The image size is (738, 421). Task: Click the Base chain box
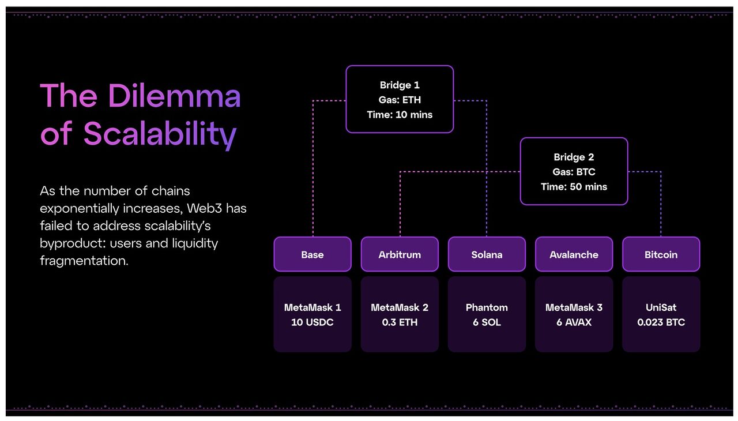tap(312, 254)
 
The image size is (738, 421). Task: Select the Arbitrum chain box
tap(400, 254)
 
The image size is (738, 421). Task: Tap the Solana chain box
tap(487, 254)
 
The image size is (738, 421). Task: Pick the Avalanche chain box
tap(574, 254)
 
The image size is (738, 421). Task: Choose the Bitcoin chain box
tap(661, 254)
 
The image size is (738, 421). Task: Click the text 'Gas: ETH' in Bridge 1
tap(400, 100)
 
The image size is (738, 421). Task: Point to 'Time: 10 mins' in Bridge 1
tap(400, 115)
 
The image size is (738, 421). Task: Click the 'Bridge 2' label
tap(574, 157)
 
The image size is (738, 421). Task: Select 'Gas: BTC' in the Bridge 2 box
tap(574, 172)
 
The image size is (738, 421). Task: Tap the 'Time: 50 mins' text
tap(574, 187)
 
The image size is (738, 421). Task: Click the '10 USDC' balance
tap(312, 322)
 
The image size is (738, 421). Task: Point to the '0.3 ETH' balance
tap(400, 322)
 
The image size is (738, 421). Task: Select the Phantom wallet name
tap(487, 307)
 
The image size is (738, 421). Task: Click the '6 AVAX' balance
tap(574, 322)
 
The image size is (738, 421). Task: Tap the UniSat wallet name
tap(661, 307)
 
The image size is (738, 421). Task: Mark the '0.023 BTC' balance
tap(661, 322)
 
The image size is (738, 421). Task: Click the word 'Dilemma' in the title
tap(174, 96)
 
